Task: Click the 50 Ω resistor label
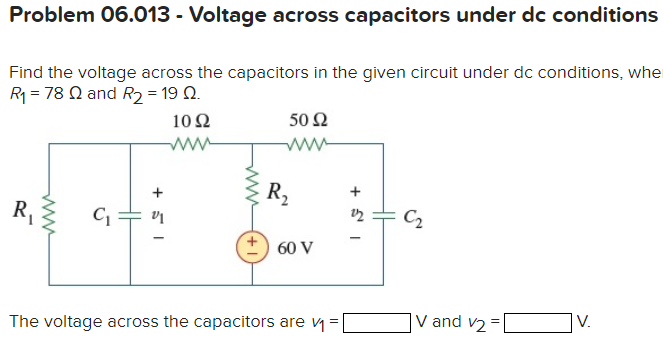coord(307,123)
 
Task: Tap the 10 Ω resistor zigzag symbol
coord(189,145)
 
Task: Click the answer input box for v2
coord(539,322)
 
